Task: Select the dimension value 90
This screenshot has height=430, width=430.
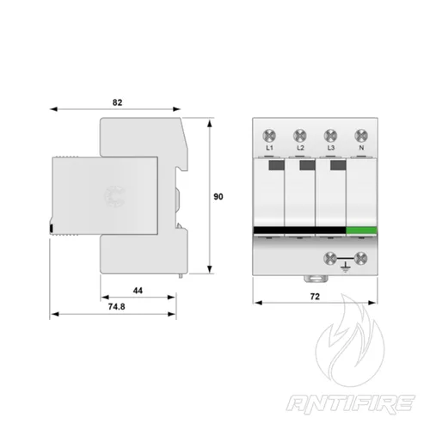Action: [x=218, y=197]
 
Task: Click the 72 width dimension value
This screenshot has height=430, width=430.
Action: [x=315, y=296]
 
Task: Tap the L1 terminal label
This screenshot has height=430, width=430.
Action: [x=269, y=149]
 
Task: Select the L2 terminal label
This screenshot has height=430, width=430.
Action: [x=300, y=149]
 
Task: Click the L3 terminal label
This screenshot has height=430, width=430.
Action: [x=330, y=149]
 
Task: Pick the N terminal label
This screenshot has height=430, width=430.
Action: [x=360, y=149]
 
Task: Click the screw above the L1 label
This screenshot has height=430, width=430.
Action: [x=269, y=134]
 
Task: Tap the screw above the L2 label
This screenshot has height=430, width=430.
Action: [x=300, y=134]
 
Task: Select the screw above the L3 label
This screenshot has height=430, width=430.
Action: [x=330, y=134]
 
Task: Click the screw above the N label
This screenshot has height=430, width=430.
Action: [x=360, y=134]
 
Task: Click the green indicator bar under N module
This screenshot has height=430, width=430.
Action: [x=361, y=230]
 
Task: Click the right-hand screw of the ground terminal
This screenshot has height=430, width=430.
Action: [x=360, y=258]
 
